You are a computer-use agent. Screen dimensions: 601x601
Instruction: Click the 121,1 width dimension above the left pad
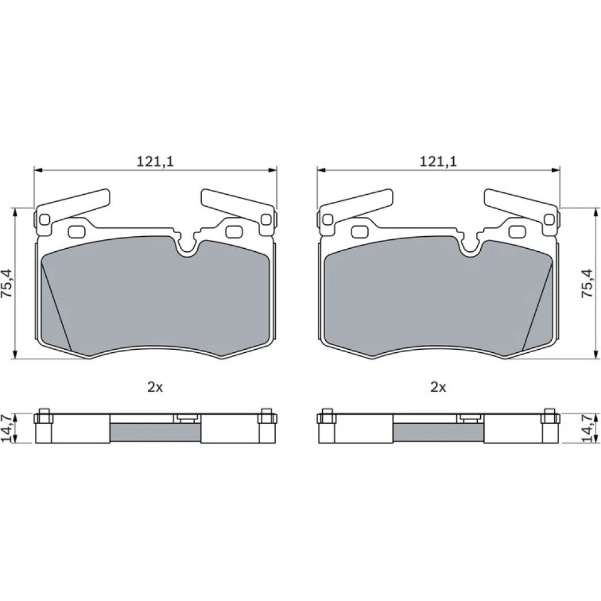point(155,161)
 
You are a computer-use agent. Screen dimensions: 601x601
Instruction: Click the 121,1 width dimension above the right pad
point(438,161)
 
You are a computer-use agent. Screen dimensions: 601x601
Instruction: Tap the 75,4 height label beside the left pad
point(7,283)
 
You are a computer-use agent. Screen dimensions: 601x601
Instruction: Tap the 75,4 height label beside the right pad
point(587,283)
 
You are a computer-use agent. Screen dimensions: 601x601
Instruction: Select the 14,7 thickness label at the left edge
point(7,428)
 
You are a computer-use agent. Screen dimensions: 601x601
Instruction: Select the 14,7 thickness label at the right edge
point(587,428)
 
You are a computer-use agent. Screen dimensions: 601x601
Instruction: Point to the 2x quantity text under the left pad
point(155,387)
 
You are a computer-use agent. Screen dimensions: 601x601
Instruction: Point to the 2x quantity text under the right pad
point(438,387)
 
